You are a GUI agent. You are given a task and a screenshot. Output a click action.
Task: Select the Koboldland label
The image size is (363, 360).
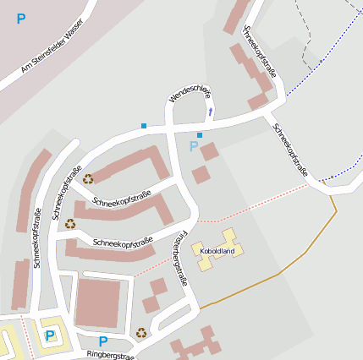pyautogui.click(x=217, y=250)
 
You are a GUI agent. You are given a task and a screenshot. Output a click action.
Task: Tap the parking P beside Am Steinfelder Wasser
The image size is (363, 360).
pyautogui.click(x=20, y=19)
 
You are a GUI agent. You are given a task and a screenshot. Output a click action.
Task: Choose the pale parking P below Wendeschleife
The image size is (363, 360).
pyautogui.click(x=194, y=148)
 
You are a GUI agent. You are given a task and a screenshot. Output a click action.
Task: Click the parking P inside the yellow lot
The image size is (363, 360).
pyautogui.click(x=49, y=335)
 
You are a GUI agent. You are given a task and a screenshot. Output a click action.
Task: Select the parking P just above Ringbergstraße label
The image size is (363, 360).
pyautogui.click(x=102, y=341)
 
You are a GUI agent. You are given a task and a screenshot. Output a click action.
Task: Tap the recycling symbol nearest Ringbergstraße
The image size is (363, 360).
pyautogui.click(x=141, y=332)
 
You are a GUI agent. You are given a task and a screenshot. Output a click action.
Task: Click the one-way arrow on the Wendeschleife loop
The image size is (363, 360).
pyautogui.click(x=211, y=110)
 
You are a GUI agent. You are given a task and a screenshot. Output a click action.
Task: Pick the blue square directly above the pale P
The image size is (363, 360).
pyautogui.click(x=200, y=135)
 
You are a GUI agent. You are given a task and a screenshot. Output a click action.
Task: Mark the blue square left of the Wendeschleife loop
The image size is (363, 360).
pyautogui.click(x=144, y=126)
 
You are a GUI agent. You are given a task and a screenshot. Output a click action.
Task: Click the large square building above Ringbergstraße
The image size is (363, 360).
pyautogui.click(x=98, y=303)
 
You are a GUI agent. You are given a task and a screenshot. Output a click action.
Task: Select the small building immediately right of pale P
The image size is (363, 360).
pyautogui.click(x=210, y=152)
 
